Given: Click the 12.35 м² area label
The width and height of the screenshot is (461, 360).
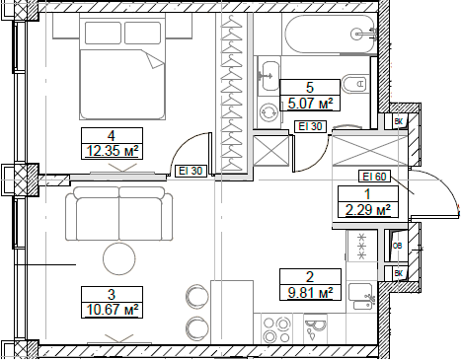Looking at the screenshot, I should [x=113, y=151].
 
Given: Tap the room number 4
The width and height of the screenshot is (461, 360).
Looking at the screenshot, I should [x=113, y=135].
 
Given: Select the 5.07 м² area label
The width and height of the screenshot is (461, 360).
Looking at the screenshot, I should [x=310, y=102].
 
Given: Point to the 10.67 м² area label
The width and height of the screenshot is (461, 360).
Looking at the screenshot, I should [x=113, y=308].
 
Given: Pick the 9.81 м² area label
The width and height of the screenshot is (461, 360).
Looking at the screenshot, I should [x=310, y=292].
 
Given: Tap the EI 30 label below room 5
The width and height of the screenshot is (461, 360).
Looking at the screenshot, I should [x=310, y=125].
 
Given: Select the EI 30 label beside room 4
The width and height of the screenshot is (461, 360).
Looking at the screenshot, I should [x=191, y=171].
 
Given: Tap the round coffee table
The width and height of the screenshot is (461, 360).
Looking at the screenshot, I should [x=121, y=260].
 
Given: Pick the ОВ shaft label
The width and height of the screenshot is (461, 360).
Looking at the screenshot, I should [x=398, y=247].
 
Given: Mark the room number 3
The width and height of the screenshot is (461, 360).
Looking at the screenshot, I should [x=113, y=292].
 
